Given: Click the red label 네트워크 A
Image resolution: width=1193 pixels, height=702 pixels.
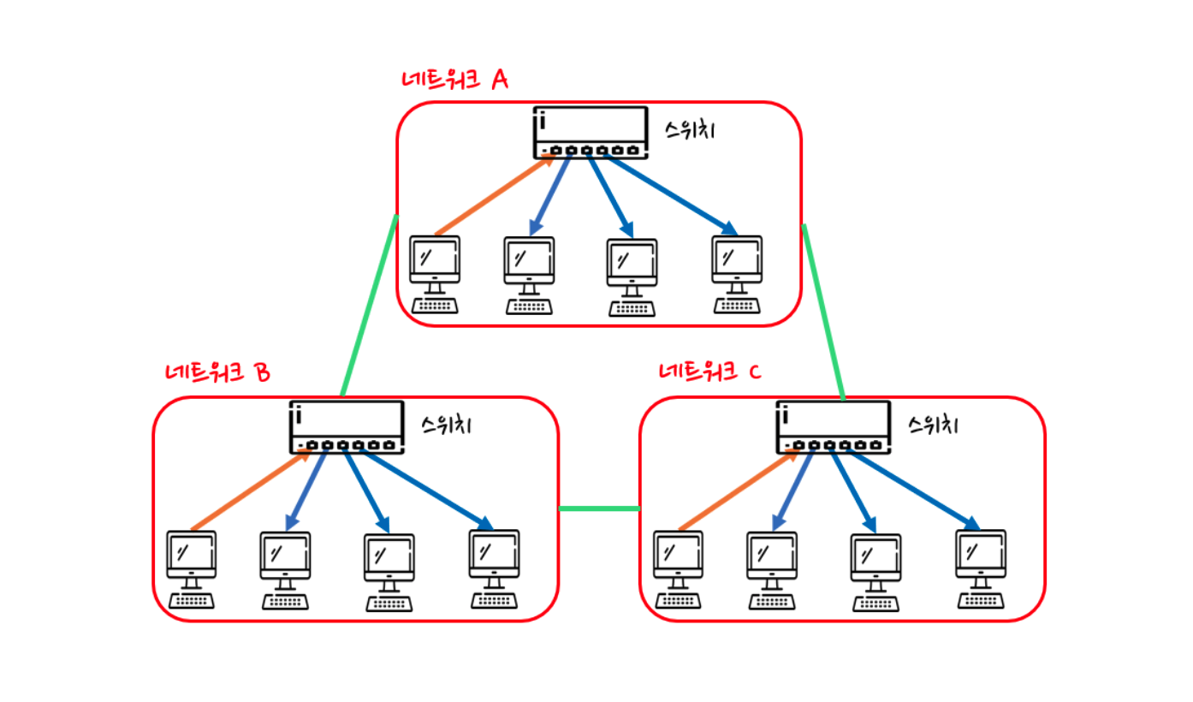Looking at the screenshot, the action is (x=454, y=80).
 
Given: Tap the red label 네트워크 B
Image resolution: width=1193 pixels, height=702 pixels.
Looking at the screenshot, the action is (x=218, y=372).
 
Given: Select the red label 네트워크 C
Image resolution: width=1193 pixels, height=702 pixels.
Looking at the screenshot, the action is (x=710, y=371).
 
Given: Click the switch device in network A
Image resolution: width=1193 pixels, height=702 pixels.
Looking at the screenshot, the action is (x=591, y=133).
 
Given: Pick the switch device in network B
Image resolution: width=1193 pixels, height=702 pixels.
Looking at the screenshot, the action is (x=347, y=427).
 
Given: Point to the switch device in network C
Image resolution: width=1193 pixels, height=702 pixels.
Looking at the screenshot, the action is (x=834, y=427).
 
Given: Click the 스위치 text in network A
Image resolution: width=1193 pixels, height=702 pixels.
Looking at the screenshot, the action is (x=690, y=130).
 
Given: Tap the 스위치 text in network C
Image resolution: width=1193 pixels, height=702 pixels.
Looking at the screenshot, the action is (x=933, y=425).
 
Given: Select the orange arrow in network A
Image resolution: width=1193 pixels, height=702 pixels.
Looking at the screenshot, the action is (x=496, y=194).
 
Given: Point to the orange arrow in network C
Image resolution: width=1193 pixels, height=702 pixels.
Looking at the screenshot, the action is (x=739, y=490).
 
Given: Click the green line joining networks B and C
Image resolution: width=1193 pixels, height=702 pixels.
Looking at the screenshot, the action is (x=599, y=509).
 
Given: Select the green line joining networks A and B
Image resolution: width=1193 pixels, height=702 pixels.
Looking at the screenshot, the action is (x=370, y=306).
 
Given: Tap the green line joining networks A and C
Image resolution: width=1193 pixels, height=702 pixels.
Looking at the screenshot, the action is (x=823, y=312).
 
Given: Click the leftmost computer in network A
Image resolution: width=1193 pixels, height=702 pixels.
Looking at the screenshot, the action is (x=435, y=274).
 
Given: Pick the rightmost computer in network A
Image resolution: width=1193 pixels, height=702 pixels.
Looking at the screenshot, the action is (x=737, y=274).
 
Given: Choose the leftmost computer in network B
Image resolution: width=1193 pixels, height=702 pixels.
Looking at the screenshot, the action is (x=192, y=569).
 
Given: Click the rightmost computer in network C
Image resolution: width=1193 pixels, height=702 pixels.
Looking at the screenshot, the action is (x=981, y=568).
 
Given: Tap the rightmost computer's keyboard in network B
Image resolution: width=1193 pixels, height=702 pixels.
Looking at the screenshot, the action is (x=495, y=601).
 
